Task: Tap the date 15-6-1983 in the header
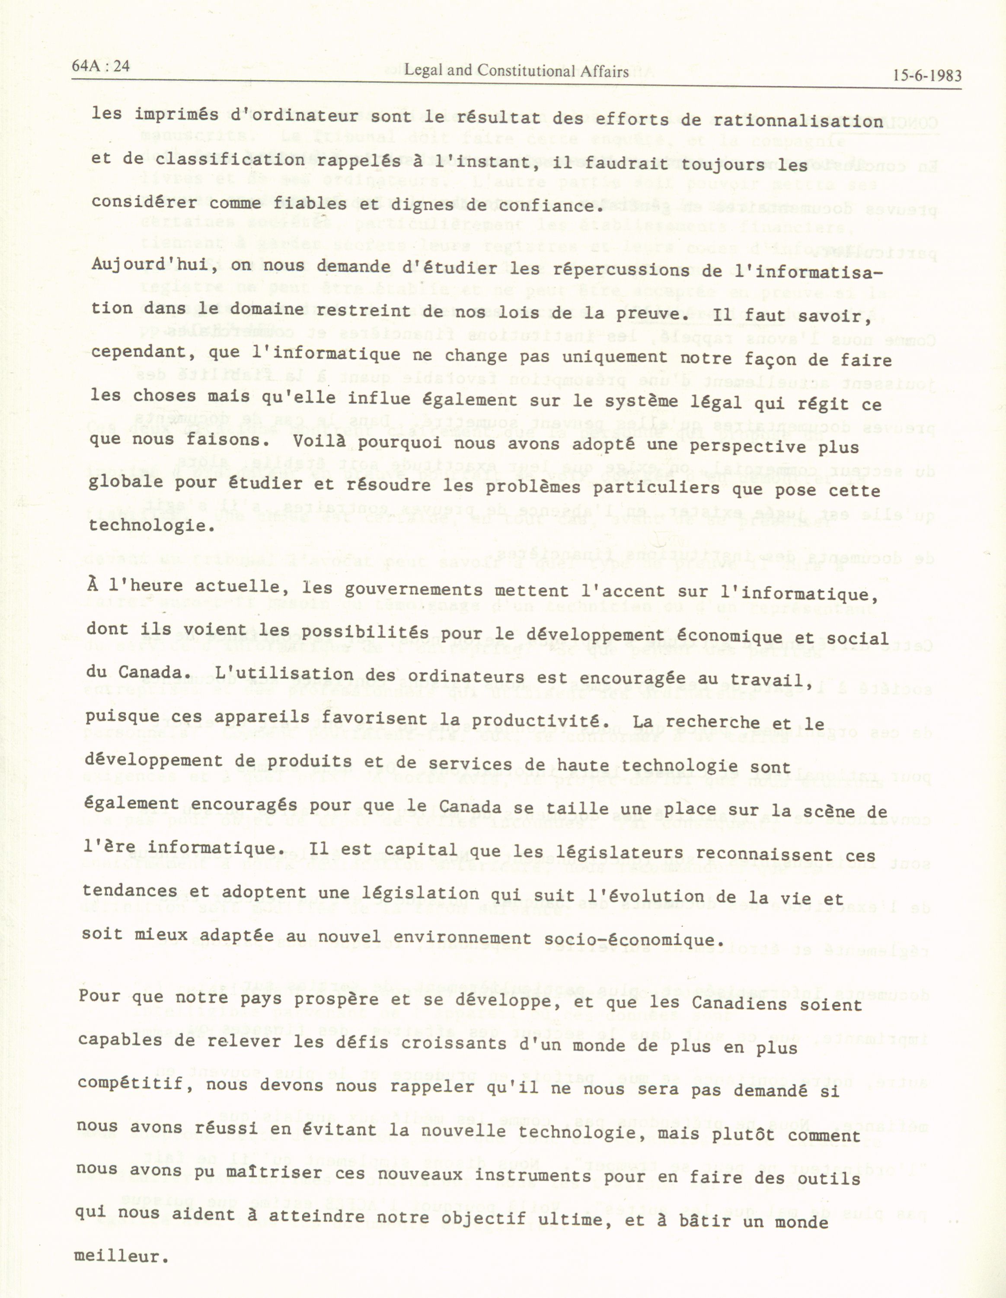926,76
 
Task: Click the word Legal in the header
421,71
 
